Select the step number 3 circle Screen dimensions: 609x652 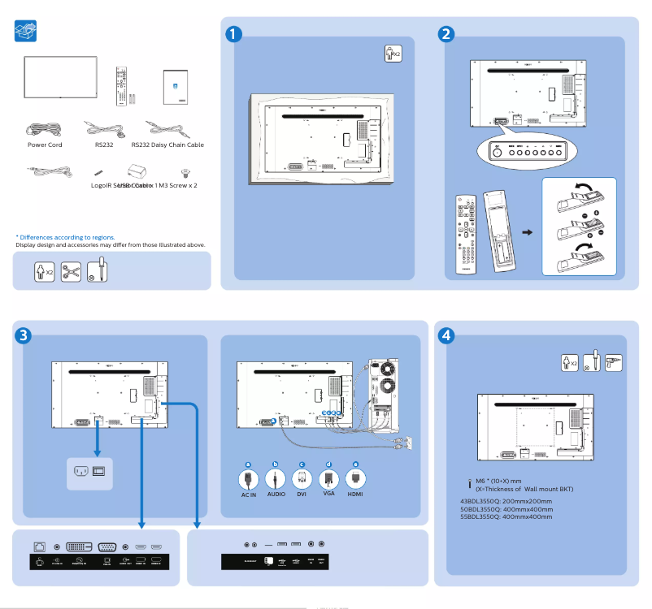pos(24,335)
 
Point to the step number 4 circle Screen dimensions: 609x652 pos(446,335)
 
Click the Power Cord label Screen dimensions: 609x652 pos(45,145)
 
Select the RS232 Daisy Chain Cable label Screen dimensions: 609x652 pos(167,145)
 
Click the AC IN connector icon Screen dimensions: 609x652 pos(248,478)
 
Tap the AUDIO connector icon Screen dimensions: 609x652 pos(276,478)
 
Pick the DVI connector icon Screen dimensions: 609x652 pos(302,478)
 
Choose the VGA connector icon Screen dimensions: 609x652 pos(328,478)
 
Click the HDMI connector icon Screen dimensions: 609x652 pos(355,478)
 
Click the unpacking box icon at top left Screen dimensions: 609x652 pos(26,32)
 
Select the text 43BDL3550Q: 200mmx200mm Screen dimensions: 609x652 pos(506,502)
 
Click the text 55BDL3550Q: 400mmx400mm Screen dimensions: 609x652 pos(506,516)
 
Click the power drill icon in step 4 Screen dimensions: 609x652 pos(614,362)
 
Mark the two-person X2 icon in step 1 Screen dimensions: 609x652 pos(393,54)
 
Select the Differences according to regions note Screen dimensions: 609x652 pos(64,237)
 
